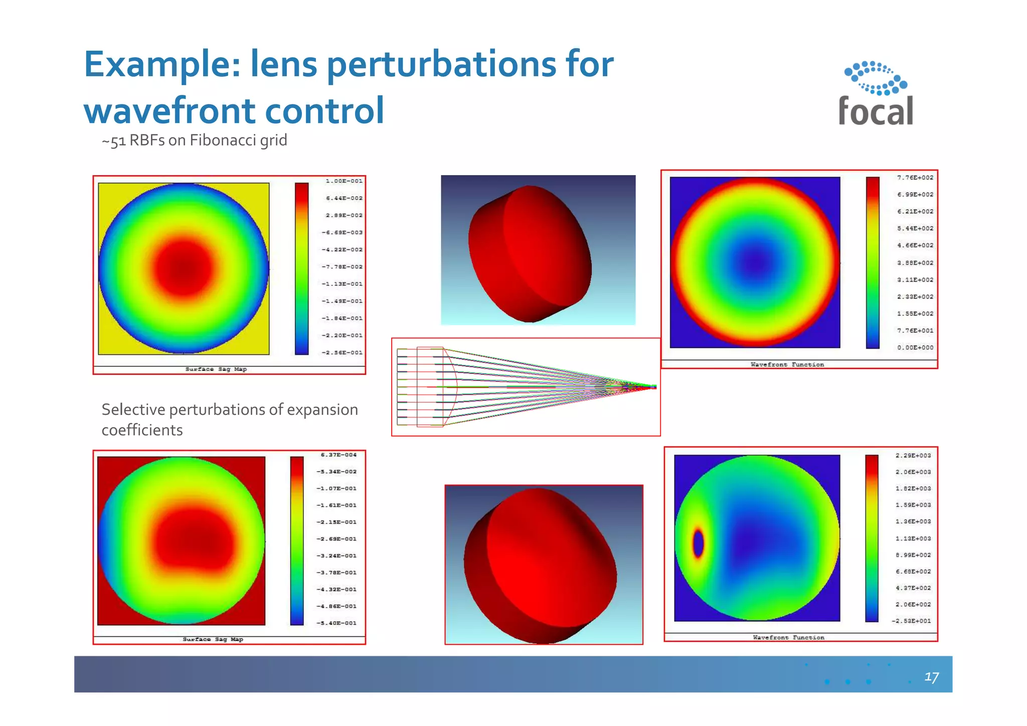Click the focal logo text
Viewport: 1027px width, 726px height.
[x=876, y=111]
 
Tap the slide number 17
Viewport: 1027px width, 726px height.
[x=931, y=677]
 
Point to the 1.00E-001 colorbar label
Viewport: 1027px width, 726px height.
[x=344, y=181]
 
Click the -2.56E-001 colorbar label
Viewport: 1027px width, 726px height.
[x=342, y=353]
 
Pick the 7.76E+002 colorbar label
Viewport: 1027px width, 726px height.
[x=915, y=178]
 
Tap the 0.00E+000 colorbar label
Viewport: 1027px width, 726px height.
[x=915, y=348]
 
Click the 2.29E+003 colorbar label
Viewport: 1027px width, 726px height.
[x=913, y=456]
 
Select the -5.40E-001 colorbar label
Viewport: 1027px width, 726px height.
[x=336, y=623]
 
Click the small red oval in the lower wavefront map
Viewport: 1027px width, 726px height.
[x=698, y=543]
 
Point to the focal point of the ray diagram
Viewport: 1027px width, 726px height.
[x=653, y=386]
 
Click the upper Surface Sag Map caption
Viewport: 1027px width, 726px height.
[x=216, y=369]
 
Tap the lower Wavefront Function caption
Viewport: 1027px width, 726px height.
[x=788, y=638]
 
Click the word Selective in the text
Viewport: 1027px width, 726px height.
[x=133, y=410]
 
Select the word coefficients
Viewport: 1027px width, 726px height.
[x=142, y=430]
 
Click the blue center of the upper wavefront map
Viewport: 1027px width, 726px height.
[x=756, y=261]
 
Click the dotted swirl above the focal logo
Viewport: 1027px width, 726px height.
[x=876, y=78]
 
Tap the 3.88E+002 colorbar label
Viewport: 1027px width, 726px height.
[x=915, y=263]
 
